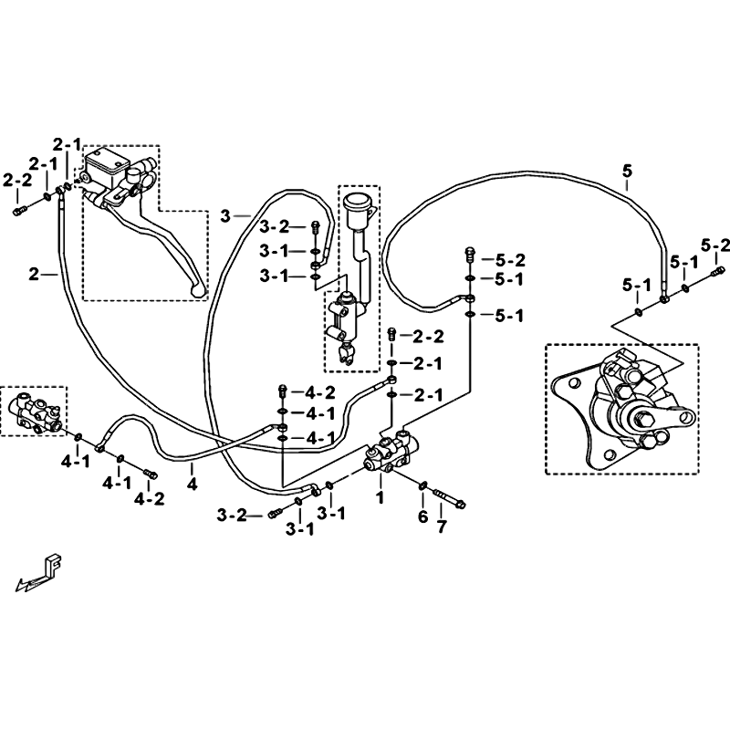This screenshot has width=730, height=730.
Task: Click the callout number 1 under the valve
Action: pyautogui.click(x=381, y=497)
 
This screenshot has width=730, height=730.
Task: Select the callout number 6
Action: pyautogui.click(x=422, y=516)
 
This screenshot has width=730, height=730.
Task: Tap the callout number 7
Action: pyautogui.click(x=442, y=527)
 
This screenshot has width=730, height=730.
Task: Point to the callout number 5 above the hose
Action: pyautogui.click(x=628, y=172)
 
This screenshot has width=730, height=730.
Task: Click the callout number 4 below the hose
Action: pyautogui.click(x=192, y=485)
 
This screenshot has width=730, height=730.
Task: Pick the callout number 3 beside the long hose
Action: pyautogui.click(x=225, y=216)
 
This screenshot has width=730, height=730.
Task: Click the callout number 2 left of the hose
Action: pyautogui.click(x=34, y=275)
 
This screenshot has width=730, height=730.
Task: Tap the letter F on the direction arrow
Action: pyautogui.click(x=55, y=565)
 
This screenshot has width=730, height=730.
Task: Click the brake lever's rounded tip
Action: pyautogui.click(x=199, y=291)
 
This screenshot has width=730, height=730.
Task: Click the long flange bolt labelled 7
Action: pyautogui.click(x=450, y=498)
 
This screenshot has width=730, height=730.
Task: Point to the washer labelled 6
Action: pyautogui.click(x=423, y=486)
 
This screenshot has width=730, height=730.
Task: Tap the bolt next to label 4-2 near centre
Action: pyautogui.click(x=282, y=391)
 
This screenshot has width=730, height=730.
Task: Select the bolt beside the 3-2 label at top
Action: pyautogui.click(x=315, y=227)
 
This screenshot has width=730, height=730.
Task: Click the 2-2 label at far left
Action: pyautogui.click(x=18, y=180)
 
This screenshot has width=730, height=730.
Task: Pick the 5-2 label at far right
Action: pyautogui.click(x=715, y=245)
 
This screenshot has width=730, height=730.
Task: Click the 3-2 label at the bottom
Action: pyautogui.click(x=232, y=516)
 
